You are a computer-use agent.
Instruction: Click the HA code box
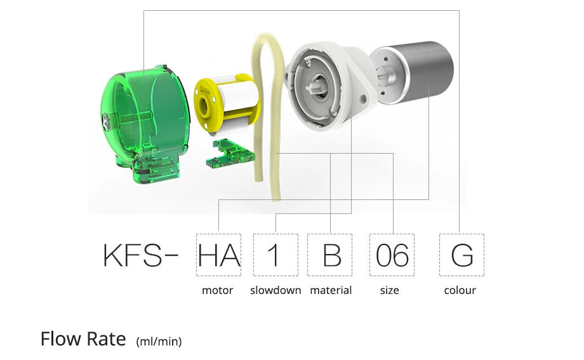(219, 255)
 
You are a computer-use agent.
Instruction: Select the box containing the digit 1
(275, 255)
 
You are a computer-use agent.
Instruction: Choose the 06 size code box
(392, 255)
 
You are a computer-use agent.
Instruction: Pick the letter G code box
(461, 255)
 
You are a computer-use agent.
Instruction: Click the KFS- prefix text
(142, 255)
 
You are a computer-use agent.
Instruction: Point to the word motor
(218, 291)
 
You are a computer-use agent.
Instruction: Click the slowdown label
(275, 291)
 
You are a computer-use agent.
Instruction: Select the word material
(331, 291)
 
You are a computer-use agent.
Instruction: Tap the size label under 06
(390, 291)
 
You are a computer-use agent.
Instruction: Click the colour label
(460, 291)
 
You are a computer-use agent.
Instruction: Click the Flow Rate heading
(83, 339)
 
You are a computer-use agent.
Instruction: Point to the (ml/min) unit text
(159, 342)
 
